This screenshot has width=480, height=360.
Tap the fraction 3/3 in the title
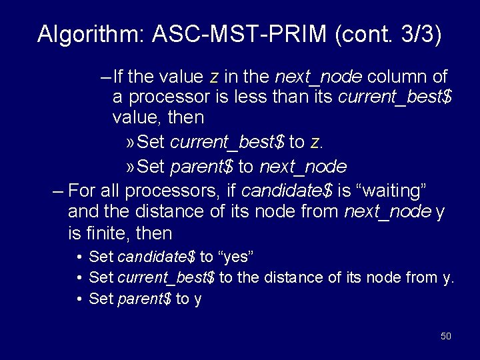pyautogui.click(x=410, y=34)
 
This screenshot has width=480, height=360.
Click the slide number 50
pyautogui.click(x=446, y=336)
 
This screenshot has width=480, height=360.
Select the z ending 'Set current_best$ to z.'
pyautogui.click(x=316, y=143)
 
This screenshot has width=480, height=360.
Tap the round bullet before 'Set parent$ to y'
pyautogui.click(x=79, y=299)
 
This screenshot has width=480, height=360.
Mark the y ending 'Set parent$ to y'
pyautogui.click(x=198, y=299)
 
